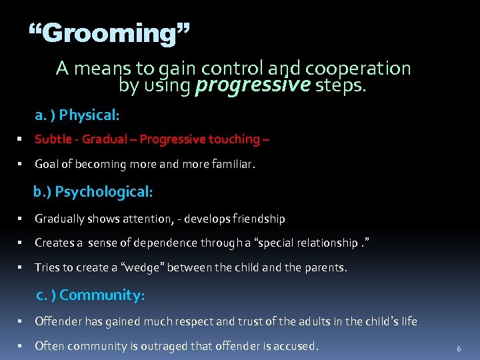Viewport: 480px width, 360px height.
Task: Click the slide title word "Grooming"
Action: coord(110,32)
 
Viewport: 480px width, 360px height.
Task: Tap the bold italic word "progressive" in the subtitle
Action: coord(253,85)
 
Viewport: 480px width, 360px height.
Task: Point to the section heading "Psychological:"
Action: coord(104,192)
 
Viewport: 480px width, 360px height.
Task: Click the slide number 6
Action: coord(459,349)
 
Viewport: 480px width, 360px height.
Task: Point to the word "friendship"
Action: coord(258,219)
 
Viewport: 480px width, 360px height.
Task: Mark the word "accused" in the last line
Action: coord(295,346)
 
